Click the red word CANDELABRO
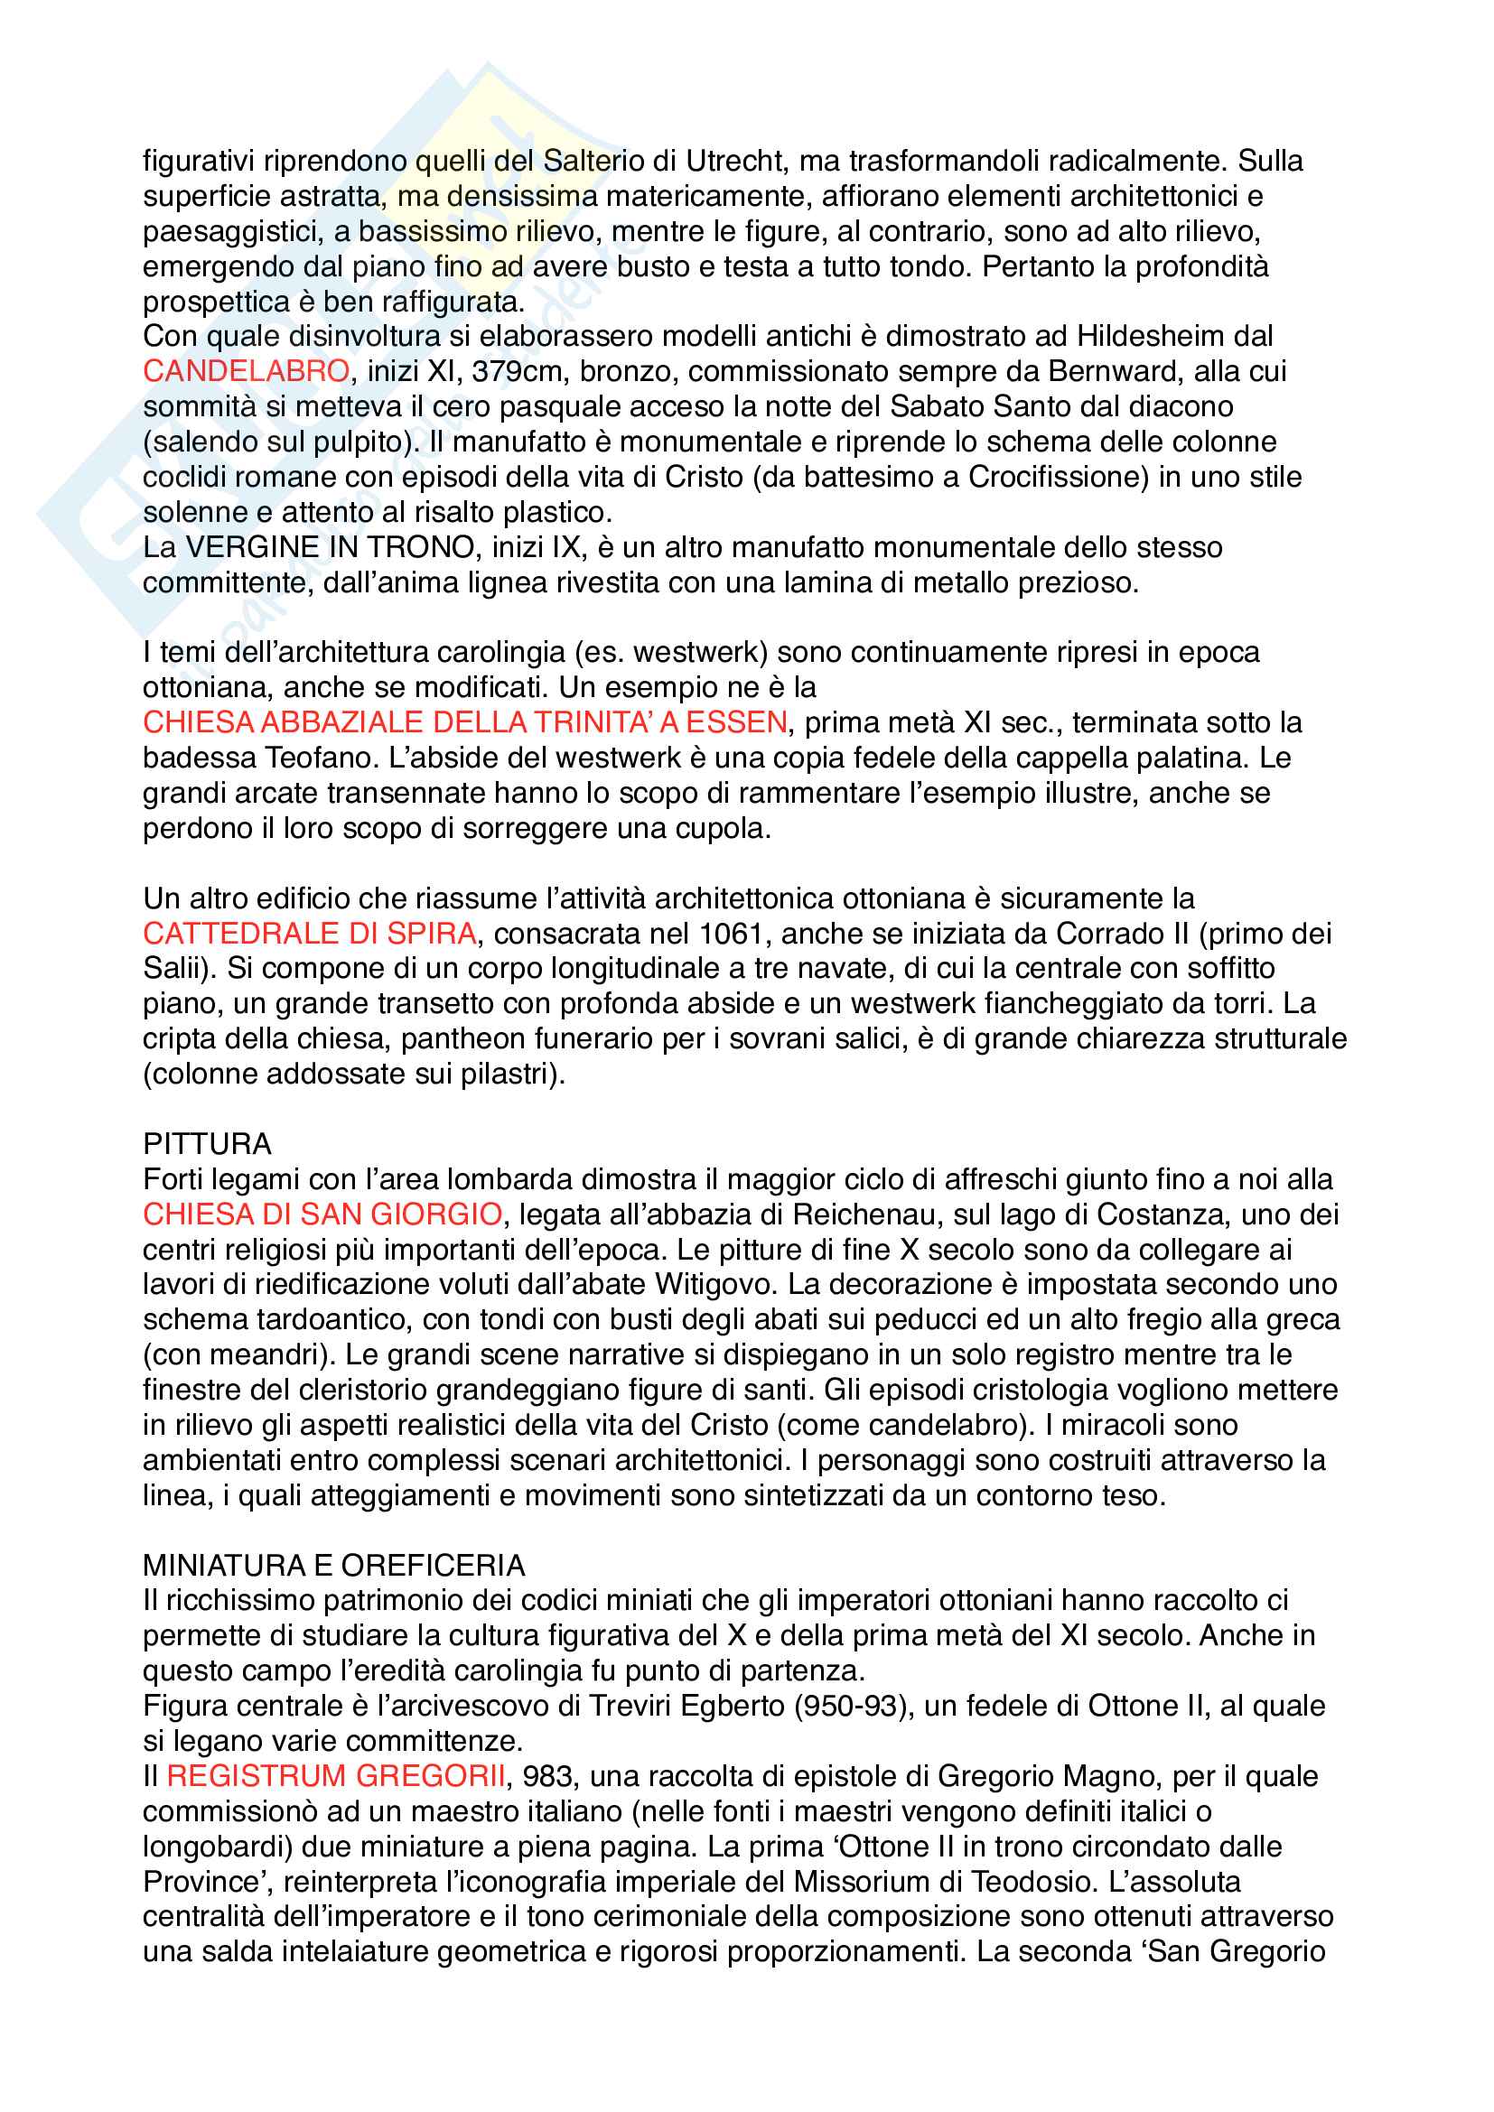(246, 371)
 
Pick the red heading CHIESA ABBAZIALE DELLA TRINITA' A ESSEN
(464, 722)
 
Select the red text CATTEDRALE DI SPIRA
(309, 934)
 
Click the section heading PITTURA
(207, 1144)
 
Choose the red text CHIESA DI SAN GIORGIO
(322, 1214)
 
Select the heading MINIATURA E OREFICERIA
(334, 1566)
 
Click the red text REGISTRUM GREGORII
(336, 1776)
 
